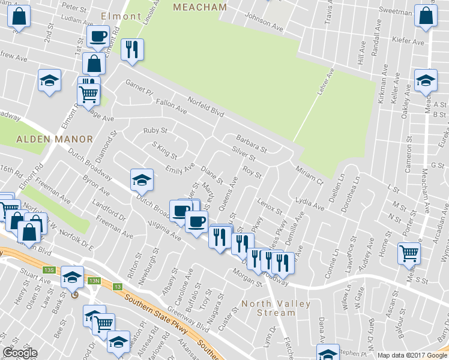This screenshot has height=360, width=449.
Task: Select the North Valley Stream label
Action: click(276, 308)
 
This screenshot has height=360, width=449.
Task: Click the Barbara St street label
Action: click(250, 142)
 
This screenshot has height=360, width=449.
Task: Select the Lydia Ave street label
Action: click(309, 203)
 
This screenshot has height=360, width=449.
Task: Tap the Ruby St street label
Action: click(154, 130)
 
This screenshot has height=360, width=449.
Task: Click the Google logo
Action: click(20, 353)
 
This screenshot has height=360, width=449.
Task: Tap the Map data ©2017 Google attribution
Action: click(412, 355)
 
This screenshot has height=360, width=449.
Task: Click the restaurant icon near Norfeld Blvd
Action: click(131, 49)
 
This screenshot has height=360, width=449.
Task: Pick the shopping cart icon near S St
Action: click(409, 253)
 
